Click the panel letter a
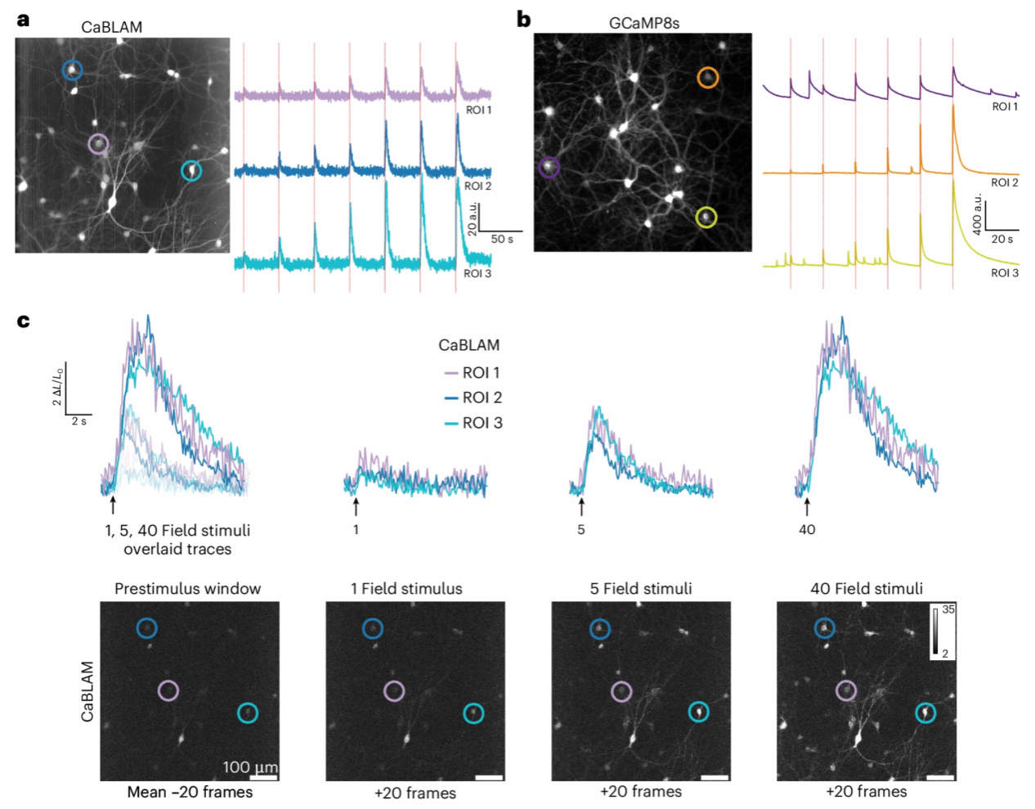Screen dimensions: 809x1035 [x=24, y=19]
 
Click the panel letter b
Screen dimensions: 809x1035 [x=524, y=19]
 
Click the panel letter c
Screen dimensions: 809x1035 [x=24, y=321]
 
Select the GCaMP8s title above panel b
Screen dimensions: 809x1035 [x=644, y=23]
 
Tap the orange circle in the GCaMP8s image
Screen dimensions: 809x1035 [x=708, y=78]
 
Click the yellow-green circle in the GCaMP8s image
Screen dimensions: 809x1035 [x=706, y=218]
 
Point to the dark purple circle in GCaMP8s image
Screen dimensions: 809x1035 [x=549, y=168]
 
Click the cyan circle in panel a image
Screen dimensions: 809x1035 [x=191, y=171]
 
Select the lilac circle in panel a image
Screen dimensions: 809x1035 [x=98, y=145]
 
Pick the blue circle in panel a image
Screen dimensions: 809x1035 [x=73, y=70]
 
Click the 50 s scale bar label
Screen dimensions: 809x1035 [x=502, y=240]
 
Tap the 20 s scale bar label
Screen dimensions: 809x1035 [x=1002, y=239]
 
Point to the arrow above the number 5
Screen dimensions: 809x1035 [x=581, y=506]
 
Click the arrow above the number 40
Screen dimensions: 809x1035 [x=807, y=506]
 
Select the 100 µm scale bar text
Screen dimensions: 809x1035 [x=250, y=767]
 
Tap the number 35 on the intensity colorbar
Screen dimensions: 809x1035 [x=948, y=609]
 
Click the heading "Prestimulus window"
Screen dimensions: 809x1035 [x=188, y=589]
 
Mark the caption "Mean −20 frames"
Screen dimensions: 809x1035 [x=190, y=792]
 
